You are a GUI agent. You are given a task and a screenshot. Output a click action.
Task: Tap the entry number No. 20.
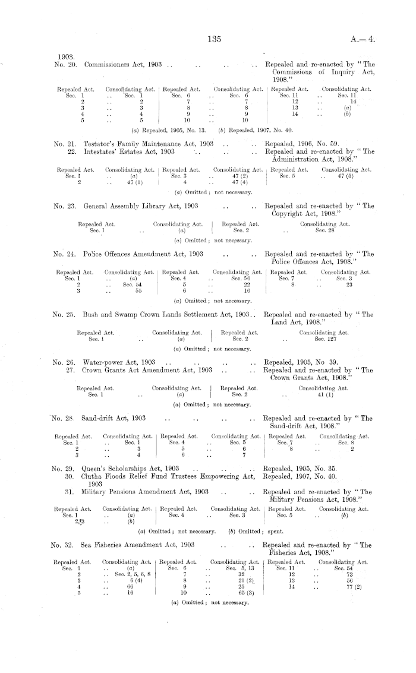[x=64, y=64]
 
